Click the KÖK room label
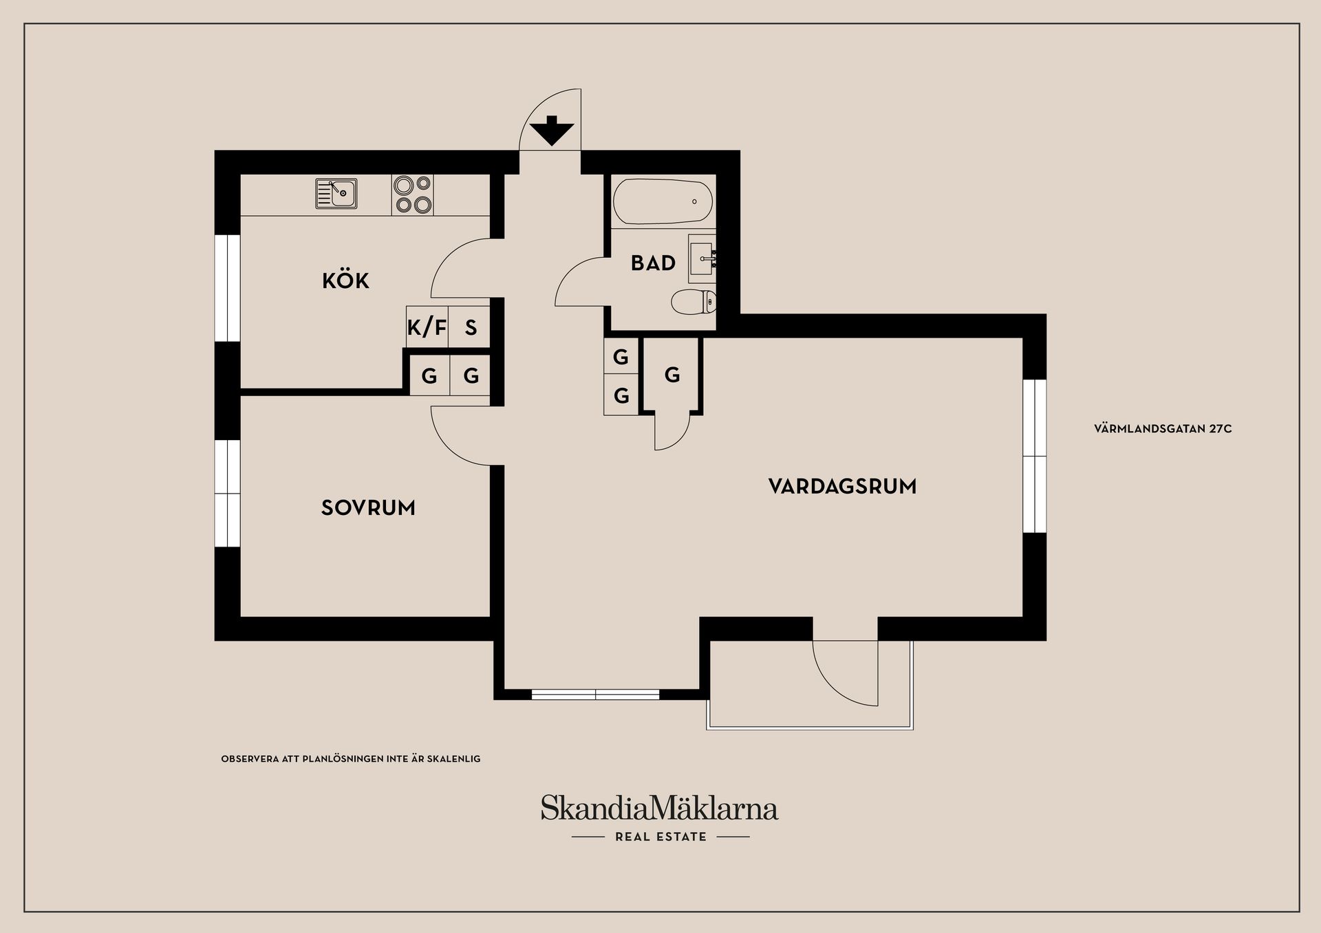pos(345,280)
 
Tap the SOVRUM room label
pos(368,508)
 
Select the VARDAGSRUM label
pos(842,487)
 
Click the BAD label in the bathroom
pos(653,263)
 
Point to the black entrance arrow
pos(552,131)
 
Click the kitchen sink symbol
pos(336,193)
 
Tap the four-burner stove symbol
pos(413,195)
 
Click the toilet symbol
pos(694,301)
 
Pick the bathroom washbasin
pos(702,259)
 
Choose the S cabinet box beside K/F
pos(470,327)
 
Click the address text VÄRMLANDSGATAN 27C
pos(1163,429)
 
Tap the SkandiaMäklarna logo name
pos(659,807)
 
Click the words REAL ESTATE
pos(660,837)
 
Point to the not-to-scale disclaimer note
pos(351,759)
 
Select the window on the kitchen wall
pos(228,287)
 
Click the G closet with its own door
pos(672,375)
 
